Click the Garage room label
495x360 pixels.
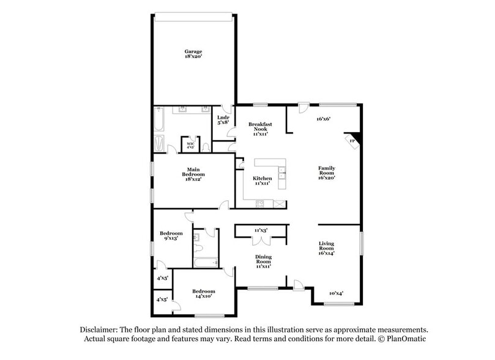[193, 54]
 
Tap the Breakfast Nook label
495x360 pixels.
[260, 129]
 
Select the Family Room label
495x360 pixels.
[326, 172]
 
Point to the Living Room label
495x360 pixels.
[326, 247]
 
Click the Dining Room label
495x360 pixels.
[262, 261]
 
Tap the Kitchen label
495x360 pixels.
[262, 181]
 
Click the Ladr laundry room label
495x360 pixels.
[223, 119]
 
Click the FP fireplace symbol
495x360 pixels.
[352, 141]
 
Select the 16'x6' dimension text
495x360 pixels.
[323, 119]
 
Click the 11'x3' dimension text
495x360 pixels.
[261, 230]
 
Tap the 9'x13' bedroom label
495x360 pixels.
[171, 236]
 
